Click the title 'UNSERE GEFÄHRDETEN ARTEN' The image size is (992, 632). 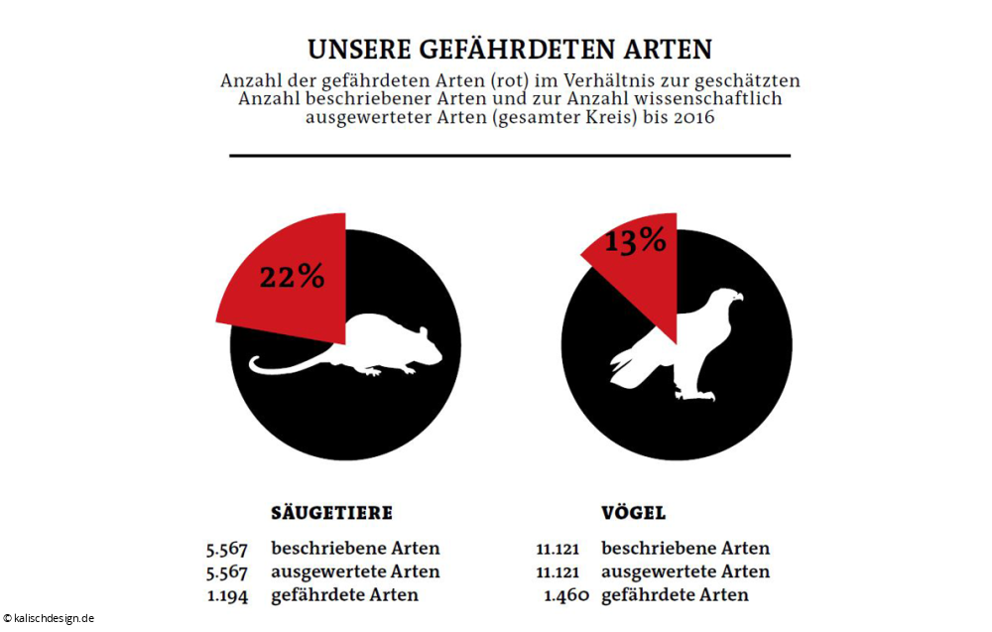click(x=510, y=50)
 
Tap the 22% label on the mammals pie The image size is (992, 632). click(x=292, y=277)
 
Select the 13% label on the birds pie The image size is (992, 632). click(x=635, y=240)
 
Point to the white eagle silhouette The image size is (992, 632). click(x=684, y=347)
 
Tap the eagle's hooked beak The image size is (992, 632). click(x=737, y=296)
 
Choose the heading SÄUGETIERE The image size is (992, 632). click(x=331, y=513)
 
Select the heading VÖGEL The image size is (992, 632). click(x=633, y=513)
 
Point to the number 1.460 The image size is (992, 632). click(x=567, y=595)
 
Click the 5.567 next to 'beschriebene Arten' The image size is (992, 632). click(x=226, y=548)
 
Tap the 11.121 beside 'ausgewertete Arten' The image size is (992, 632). click(x=558, y=571)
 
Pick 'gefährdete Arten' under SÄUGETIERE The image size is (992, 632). click(x=344, y=595)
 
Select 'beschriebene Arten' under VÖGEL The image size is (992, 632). click(x=684, y=548)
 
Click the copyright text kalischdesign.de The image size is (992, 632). click(x=50, y=617)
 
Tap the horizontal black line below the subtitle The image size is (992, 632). click(x=510, y=156)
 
